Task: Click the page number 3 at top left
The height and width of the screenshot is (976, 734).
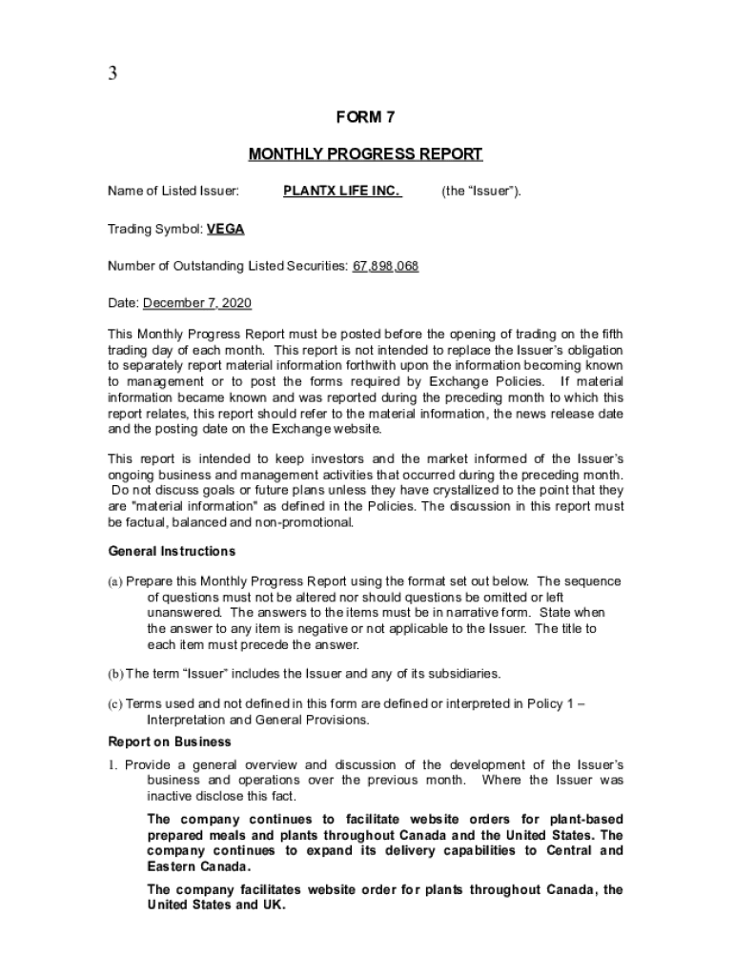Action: point(112,74)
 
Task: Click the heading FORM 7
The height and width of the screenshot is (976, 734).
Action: point(365,118)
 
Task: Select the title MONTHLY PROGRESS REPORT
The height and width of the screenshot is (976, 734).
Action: point(365,154)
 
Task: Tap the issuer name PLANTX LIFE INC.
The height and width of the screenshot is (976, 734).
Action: point(342,192)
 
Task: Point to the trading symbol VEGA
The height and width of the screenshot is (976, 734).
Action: point(225,229)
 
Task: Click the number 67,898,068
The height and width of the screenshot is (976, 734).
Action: point(385,266)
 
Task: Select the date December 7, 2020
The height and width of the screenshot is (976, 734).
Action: point(197,303)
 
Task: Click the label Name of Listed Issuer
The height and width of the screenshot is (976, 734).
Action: point(173,192)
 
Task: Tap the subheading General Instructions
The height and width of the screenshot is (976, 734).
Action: point(172,551)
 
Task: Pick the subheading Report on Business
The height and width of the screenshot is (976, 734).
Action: point(170,742)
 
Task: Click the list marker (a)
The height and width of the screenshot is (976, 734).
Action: point(115,581)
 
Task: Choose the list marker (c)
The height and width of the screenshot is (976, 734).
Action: point(115,704)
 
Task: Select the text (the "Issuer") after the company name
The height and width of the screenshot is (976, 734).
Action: point(480,192)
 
